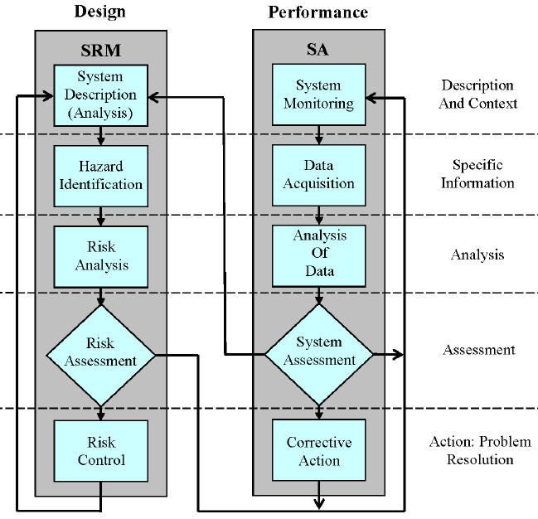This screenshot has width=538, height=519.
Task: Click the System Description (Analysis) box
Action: point(100,95)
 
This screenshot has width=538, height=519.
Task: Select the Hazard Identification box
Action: point(100,176)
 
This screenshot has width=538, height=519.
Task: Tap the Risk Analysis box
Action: point(100,255)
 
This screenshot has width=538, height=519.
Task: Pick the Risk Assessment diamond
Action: point(100,352)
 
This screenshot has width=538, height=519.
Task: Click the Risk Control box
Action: point(100,450)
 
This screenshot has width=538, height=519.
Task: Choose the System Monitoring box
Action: point(318,95)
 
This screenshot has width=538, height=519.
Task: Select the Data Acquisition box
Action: point(318,176)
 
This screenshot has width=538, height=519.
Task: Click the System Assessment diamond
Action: point(318,352)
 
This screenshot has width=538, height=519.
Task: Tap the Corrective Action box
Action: point(318,450)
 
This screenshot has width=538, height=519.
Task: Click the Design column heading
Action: point(99,12)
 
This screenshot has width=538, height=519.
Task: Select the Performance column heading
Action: point(318,12)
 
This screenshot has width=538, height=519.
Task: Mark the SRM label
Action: point(100,50)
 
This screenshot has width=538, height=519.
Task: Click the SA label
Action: point(318,51)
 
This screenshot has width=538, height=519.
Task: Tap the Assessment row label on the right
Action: point(478,350)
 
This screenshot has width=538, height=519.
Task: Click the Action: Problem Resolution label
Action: point(478,450)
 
